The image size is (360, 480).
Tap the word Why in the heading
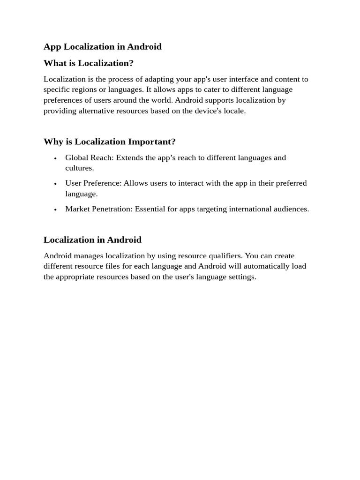(53, 142)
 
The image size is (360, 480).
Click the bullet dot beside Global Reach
(55, 158)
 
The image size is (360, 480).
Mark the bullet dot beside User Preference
(55, 184)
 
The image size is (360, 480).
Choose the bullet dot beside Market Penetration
(55, 210)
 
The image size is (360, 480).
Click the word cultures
(79, 168)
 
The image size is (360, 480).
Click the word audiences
(292, 209)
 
